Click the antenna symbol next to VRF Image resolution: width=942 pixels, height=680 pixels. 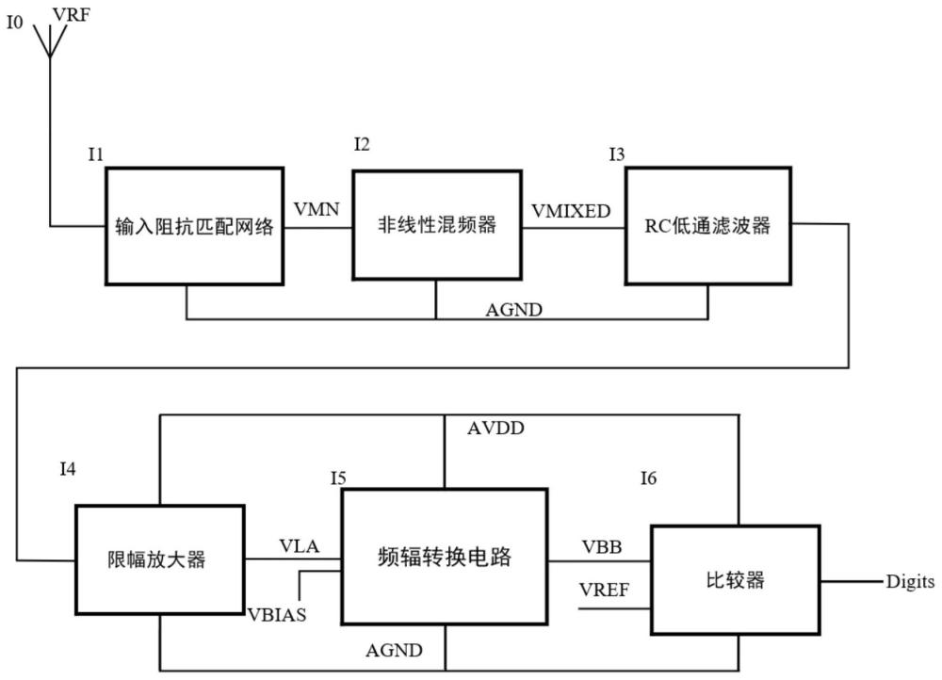[x=50, y=42]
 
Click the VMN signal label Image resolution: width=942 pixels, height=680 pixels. [x=317, y=209]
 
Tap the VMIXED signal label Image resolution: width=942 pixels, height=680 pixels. [x=571, y=211]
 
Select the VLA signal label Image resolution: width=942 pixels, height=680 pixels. [x=300, y=546]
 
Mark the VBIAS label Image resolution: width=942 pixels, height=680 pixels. [x=277, y=614]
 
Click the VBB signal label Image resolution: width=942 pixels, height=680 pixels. [x=601, y=546]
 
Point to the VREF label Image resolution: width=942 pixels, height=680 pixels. [x=604, y=590]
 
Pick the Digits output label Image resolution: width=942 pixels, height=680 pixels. [x=910, y=581]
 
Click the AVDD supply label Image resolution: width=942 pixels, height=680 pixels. [x=495, y=428]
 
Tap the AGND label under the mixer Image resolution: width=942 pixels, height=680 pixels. [x=513, y=309]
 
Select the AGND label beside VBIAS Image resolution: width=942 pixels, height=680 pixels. [x=394, y=650]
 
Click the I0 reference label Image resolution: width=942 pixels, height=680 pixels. [x=15, y=23]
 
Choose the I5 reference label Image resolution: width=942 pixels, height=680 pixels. [x=338, y=478]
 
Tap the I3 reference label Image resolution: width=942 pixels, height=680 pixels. [x=617, y=154]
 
